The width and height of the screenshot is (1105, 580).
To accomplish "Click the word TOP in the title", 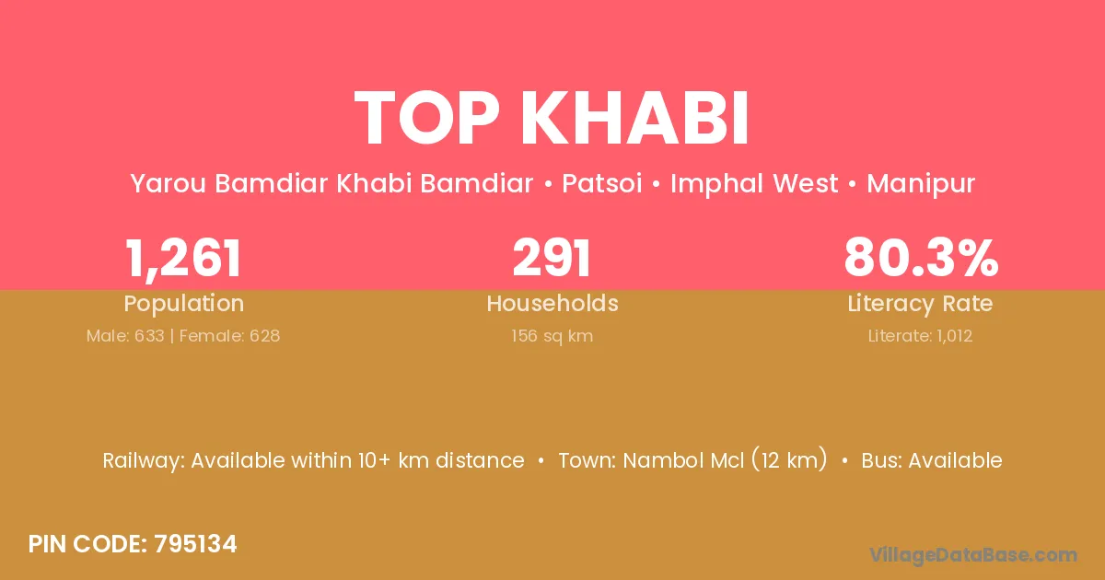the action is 427,118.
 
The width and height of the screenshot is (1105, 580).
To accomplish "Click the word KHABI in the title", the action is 634,118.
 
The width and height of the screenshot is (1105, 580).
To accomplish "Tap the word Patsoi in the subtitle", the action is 602,183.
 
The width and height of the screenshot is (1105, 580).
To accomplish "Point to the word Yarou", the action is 168,183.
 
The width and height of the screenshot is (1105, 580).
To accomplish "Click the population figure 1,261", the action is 183,259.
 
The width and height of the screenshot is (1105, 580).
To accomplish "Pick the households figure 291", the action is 552,258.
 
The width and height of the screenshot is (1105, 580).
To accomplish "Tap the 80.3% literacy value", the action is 921,258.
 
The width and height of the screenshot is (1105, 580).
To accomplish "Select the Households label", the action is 552,303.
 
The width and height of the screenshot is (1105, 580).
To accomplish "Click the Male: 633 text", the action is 125,336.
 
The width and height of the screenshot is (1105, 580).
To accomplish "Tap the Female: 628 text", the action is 229,336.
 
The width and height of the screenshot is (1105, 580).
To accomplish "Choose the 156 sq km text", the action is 552,336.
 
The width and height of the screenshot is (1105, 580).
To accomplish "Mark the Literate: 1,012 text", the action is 920,336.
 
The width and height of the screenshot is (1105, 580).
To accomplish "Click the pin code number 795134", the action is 195,544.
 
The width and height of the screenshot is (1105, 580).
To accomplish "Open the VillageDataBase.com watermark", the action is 972,556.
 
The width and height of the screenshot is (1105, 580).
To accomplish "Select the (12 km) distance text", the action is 789,460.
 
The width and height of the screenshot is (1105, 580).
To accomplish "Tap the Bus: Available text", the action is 932,460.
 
